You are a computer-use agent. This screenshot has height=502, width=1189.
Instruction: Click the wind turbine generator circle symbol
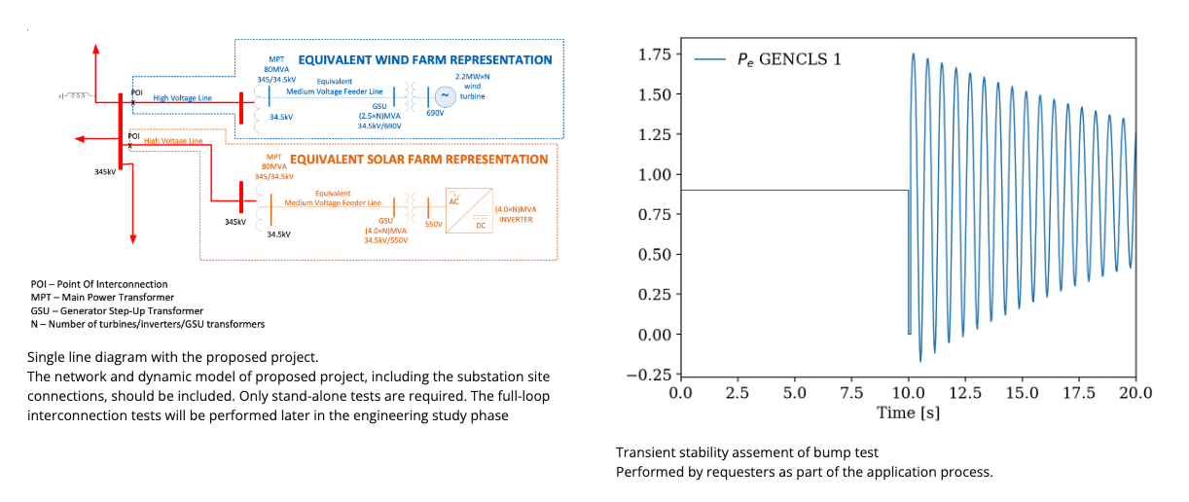point(445,95)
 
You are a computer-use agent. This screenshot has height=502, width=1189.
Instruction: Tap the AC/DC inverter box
point(468,209)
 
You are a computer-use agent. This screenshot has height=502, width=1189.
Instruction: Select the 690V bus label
point(435,114)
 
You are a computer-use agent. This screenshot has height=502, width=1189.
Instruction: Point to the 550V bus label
point(433,224)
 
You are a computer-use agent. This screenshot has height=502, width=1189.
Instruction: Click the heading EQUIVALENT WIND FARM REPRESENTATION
point(425,60)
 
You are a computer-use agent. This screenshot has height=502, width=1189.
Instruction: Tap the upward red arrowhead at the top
point(95,48)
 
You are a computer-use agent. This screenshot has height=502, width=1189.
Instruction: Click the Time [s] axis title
point(908,413)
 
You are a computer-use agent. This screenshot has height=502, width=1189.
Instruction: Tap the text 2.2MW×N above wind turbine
point(473,76)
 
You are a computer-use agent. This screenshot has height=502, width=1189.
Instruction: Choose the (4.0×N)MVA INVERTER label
point(516,214)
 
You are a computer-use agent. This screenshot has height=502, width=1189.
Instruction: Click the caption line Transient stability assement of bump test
point(747,453)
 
